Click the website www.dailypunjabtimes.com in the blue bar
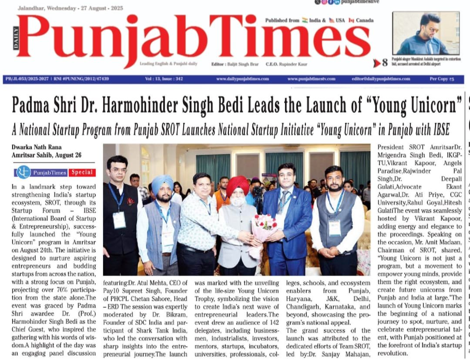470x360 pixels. click(x=242, y=79)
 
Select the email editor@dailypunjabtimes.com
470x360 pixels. click(x=381, y=79)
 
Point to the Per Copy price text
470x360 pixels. click(x=441, y=79)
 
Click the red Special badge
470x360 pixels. click(x=82, y=172)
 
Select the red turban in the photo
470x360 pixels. click(x=238, y=185)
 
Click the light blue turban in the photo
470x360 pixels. click(x=162, y=183)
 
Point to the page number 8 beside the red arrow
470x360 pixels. click(x=385, y=63)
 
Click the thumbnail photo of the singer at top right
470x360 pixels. click(x=426, y=33)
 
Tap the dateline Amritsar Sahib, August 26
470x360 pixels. click(x=47, y=155)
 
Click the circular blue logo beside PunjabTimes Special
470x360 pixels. click(x=23, y=172)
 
